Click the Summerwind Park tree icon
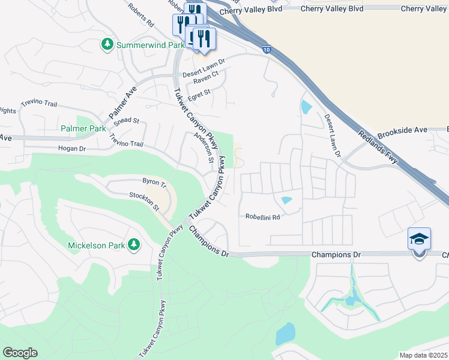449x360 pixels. (x=107, y=45)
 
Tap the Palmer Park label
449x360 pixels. (x=83, y=128)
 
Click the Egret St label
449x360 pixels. (x=200, y=93)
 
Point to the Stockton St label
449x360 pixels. (x=144, y=202)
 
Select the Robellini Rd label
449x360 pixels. (x=263, y=217)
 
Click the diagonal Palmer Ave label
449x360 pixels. (x=123, y=102)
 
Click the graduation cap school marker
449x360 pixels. (x=419, y=239)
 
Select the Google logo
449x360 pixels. (x=20, y=353)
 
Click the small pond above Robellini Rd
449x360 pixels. (x=286, y=200)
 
